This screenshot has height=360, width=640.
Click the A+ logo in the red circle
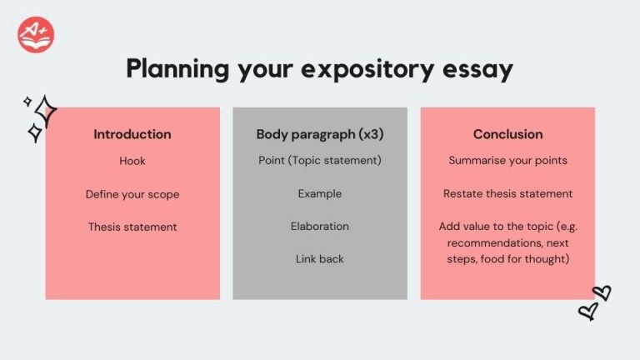point(35,34)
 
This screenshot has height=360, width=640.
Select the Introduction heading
point(132,134)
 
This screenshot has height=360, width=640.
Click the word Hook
point(132,161)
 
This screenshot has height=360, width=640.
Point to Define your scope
point(132,194)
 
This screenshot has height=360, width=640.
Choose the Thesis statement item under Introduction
point(132,227)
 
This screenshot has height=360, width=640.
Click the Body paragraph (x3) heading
point(320,134)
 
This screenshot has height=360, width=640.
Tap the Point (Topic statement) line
point(320,160)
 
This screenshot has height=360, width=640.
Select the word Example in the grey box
point(320,194)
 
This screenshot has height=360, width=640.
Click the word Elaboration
point(320,226)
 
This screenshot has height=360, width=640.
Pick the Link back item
point(320,258)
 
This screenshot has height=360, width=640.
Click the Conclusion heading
point(507,134)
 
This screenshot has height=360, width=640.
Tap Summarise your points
point(507,160)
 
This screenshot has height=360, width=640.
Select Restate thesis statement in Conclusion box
point(507,194)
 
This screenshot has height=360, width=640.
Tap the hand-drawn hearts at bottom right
point(594,302)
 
